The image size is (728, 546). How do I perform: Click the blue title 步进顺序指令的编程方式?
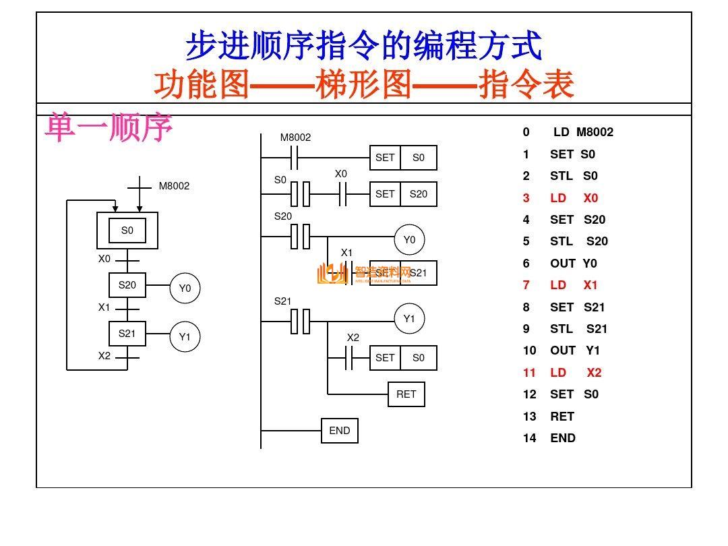(x=363, y=46)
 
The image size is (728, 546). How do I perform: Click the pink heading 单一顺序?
(x=109, y=127)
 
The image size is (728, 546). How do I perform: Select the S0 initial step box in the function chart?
(x=127, y=231)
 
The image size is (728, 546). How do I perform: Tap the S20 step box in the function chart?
(x=127, y=285)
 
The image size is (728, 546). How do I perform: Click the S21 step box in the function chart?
(x=127, y=334)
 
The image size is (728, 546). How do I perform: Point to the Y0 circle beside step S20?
(x=185, y=289)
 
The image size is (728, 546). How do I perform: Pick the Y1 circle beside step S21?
(x=185, y=337)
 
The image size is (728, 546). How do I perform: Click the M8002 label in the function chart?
(x=174, y=186)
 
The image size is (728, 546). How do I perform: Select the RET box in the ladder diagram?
(x=406, y=394)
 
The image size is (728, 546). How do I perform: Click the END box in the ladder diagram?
(x=339, y=431)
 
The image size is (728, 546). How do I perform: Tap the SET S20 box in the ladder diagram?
(x=403, y=194)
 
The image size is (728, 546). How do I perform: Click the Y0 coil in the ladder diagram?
(x=409, y=240)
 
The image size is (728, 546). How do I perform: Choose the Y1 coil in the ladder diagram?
(x=409, y=319)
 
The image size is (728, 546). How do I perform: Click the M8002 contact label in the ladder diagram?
(x=295, y=138)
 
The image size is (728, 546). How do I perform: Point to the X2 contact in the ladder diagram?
(x=349, y=358)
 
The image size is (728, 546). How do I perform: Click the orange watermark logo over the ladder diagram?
(x=332, y=274)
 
